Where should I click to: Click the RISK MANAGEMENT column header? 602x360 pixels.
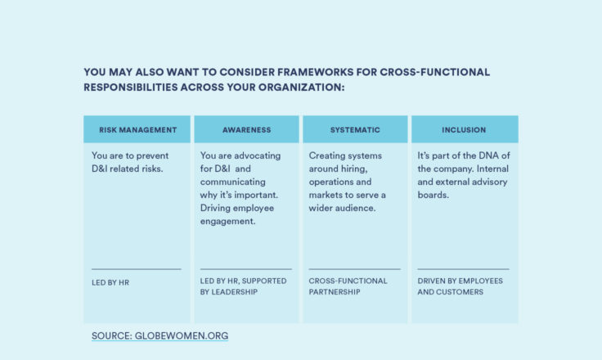pos(138,130)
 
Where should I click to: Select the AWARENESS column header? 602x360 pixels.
pos(246,130)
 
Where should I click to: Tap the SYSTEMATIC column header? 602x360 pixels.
pos(355,130)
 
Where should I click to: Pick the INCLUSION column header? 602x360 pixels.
pos(464,130)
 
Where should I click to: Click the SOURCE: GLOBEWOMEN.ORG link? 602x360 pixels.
pos(159,335)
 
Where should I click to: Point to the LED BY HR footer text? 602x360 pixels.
pos(110,283)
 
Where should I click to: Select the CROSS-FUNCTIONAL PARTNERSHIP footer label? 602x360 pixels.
pos(348,286)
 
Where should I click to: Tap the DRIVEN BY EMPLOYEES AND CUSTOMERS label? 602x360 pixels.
pos(460,286)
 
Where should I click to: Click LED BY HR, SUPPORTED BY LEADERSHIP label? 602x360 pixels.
pos(243,286)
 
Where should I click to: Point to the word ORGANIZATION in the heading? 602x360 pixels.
pos(301,88)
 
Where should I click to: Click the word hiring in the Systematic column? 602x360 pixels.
pos(354,169)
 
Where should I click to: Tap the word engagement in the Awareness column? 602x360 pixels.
pos(227,222)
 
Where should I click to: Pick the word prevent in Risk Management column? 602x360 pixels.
pos(152,156)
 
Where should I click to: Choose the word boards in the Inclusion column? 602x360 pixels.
pos(433,195)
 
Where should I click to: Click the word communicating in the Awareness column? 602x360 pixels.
pos(232,182)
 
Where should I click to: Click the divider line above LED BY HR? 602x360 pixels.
pos(137,269)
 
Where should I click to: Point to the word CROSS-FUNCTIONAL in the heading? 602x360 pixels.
pos(435,72)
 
